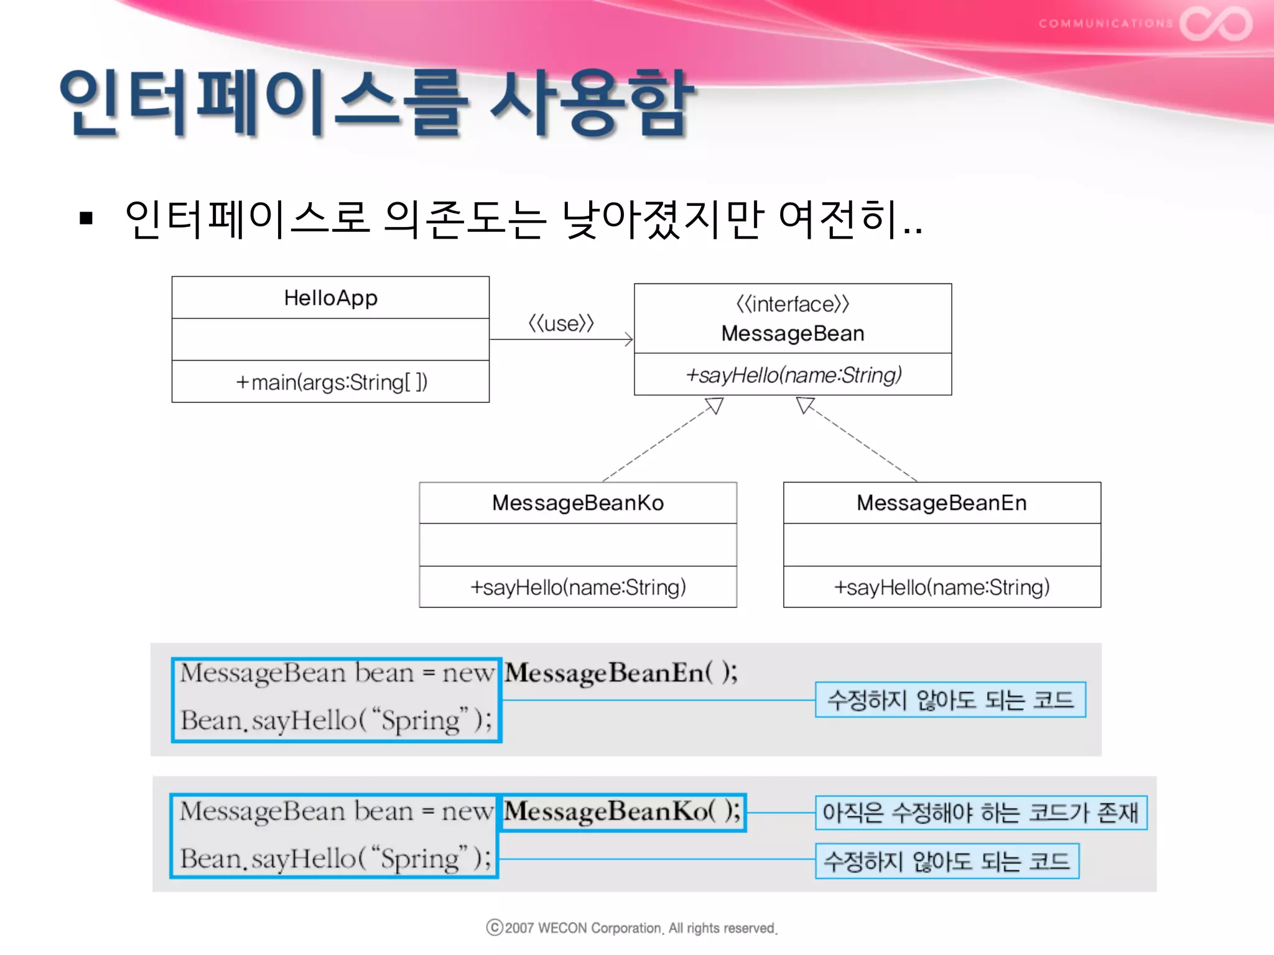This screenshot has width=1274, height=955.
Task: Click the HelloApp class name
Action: [x=330, y=298]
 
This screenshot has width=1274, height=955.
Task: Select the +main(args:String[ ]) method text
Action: [x=331, y=382]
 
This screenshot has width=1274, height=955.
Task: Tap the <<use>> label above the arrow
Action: [x=560, y=323]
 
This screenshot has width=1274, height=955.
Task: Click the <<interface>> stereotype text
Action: [x=792, y=304]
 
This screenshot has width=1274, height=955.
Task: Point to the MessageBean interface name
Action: [x=793, y=333]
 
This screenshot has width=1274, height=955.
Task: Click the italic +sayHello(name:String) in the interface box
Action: [x=793, y=375]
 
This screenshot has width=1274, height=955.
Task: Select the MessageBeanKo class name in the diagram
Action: [x=577, y=502]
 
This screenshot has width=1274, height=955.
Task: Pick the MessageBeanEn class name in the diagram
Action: [x=941, y=502]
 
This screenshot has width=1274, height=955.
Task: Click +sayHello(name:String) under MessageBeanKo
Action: [x=578, y=587]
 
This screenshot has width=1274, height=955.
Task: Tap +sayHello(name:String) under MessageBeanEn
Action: [x=941, y=587]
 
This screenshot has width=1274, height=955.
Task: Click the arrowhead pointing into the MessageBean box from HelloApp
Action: [x=628, y=339]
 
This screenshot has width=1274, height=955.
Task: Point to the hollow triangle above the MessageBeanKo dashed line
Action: [x=715, y=406]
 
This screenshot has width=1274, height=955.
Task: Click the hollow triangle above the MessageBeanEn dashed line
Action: [x=804, y=405]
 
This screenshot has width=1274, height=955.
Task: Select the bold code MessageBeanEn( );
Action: [x=621, y=673]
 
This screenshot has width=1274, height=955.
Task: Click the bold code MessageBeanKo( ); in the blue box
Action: [x=622, y=811]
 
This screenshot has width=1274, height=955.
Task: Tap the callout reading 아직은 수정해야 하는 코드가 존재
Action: [x=980, y=813]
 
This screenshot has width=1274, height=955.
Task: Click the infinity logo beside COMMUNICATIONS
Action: [x=1216, y=24]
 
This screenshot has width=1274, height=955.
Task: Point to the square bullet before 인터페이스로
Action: [x=86, y=218]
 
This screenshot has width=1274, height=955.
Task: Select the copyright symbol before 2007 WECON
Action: [x=495, y=928]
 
